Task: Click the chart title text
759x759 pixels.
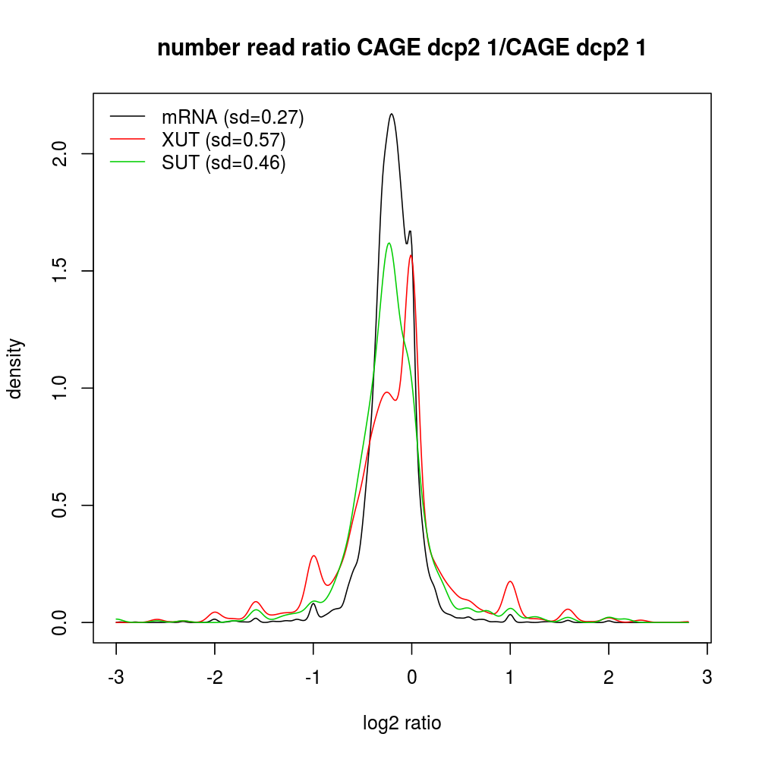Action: click(402, 49)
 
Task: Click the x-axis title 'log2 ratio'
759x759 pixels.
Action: click(402, 723)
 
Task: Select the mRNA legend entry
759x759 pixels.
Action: click(232, 118)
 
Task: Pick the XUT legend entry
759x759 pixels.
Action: click(223, 140)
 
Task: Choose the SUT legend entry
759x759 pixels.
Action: click(223, 163)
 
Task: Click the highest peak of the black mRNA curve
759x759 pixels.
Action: click(392, 114)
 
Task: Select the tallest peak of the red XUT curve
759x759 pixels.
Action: click(411, 255)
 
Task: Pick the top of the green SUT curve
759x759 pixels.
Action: click(389, 243)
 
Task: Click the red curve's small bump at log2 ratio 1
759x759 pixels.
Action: click(510, 581)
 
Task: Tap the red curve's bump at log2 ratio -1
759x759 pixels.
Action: click(313, 556)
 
